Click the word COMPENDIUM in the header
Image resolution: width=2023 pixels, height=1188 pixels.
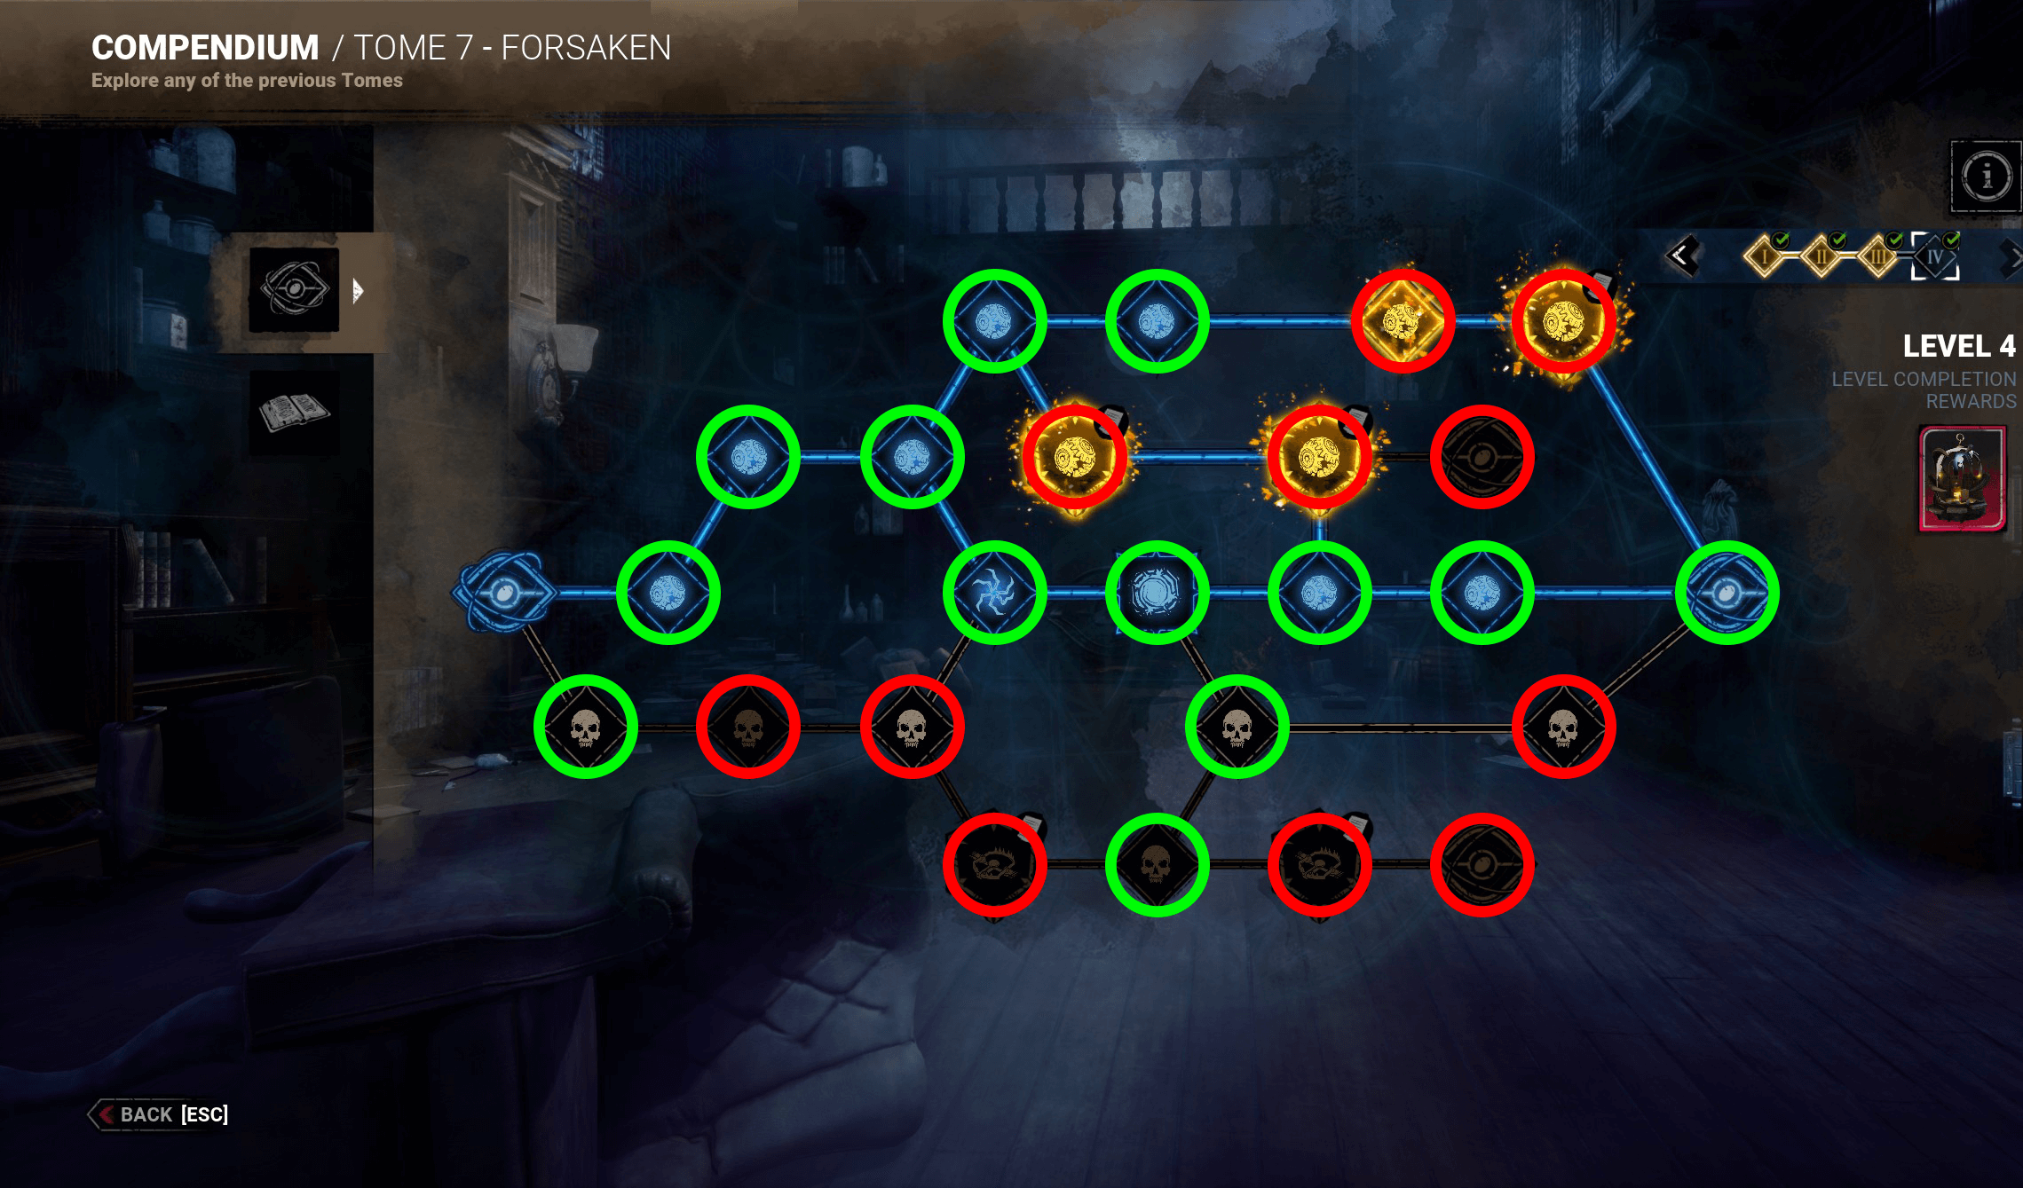coord(205,48)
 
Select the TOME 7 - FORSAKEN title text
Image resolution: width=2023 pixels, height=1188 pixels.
coord(512,48)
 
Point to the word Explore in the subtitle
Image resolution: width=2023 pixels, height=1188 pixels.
coord(123,81)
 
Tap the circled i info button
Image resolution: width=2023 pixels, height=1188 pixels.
coord(1986,176)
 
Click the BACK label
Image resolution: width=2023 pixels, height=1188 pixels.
coord(146,1114)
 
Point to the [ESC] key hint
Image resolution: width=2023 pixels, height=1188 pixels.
coord(205,1114)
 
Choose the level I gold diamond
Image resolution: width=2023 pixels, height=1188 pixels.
coord(1765,257)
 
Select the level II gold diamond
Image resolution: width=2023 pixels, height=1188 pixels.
coord(1821,257)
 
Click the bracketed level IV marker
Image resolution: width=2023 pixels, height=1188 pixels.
coord(1935,257)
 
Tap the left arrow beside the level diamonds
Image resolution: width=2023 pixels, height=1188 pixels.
coord(1681,256)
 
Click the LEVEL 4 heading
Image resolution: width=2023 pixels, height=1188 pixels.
coord(1958,346)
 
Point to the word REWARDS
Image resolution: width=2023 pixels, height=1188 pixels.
coord(1971,402)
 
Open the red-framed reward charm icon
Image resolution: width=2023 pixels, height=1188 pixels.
coord(1962,479)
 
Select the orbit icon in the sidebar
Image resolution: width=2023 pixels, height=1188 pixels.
coord(294,289)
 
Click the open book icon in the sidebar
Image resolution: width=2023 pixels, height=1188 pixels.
coord(294,412)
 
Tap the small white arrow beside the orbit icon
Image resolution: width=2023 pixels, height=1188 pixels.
coord(357,291)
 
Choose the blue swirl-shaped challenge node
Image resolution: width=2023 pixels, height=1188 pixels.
coord(994,592)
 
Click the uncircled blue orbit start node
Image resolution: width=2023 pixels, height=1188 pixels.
coord(503,592)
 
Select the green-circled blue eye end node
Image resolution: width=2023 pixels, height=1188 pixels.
coord(1727,592)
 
